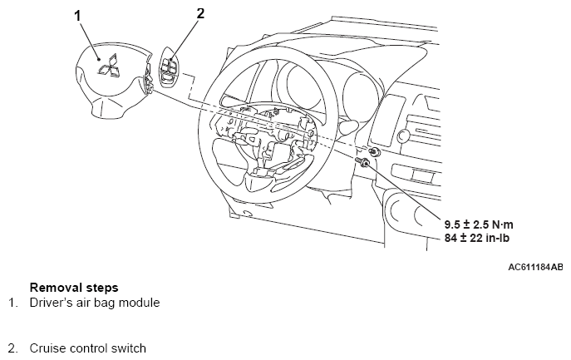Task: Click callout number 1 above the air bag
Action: (77, 16)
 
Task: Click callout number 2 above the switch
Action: (200, 13)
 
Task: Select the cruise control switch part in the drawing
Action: (170, 68)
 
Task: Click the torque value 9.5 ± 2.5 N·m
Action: (479, 224)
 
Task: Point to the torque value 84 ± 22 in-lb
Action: (477, 238)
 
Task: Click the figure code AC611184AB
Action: (535, 267)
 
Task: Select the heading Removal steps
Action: (74, 288)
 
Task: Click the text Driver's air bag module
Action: (95, 303)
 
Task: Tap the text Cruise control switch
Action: (88, 348)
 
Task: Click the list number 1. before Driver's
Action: (13, 303)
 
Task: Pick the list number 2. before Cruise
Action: (13, 348)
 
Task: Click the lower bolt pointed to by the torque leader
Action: (362, 161)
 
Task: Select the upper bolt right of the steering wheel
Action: (373, 151)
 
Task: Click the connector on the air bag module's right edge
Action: (149, 79)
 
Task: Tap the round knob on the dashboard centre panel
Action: (403, 136)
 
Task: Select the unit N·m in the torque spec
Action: (503, 224)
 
